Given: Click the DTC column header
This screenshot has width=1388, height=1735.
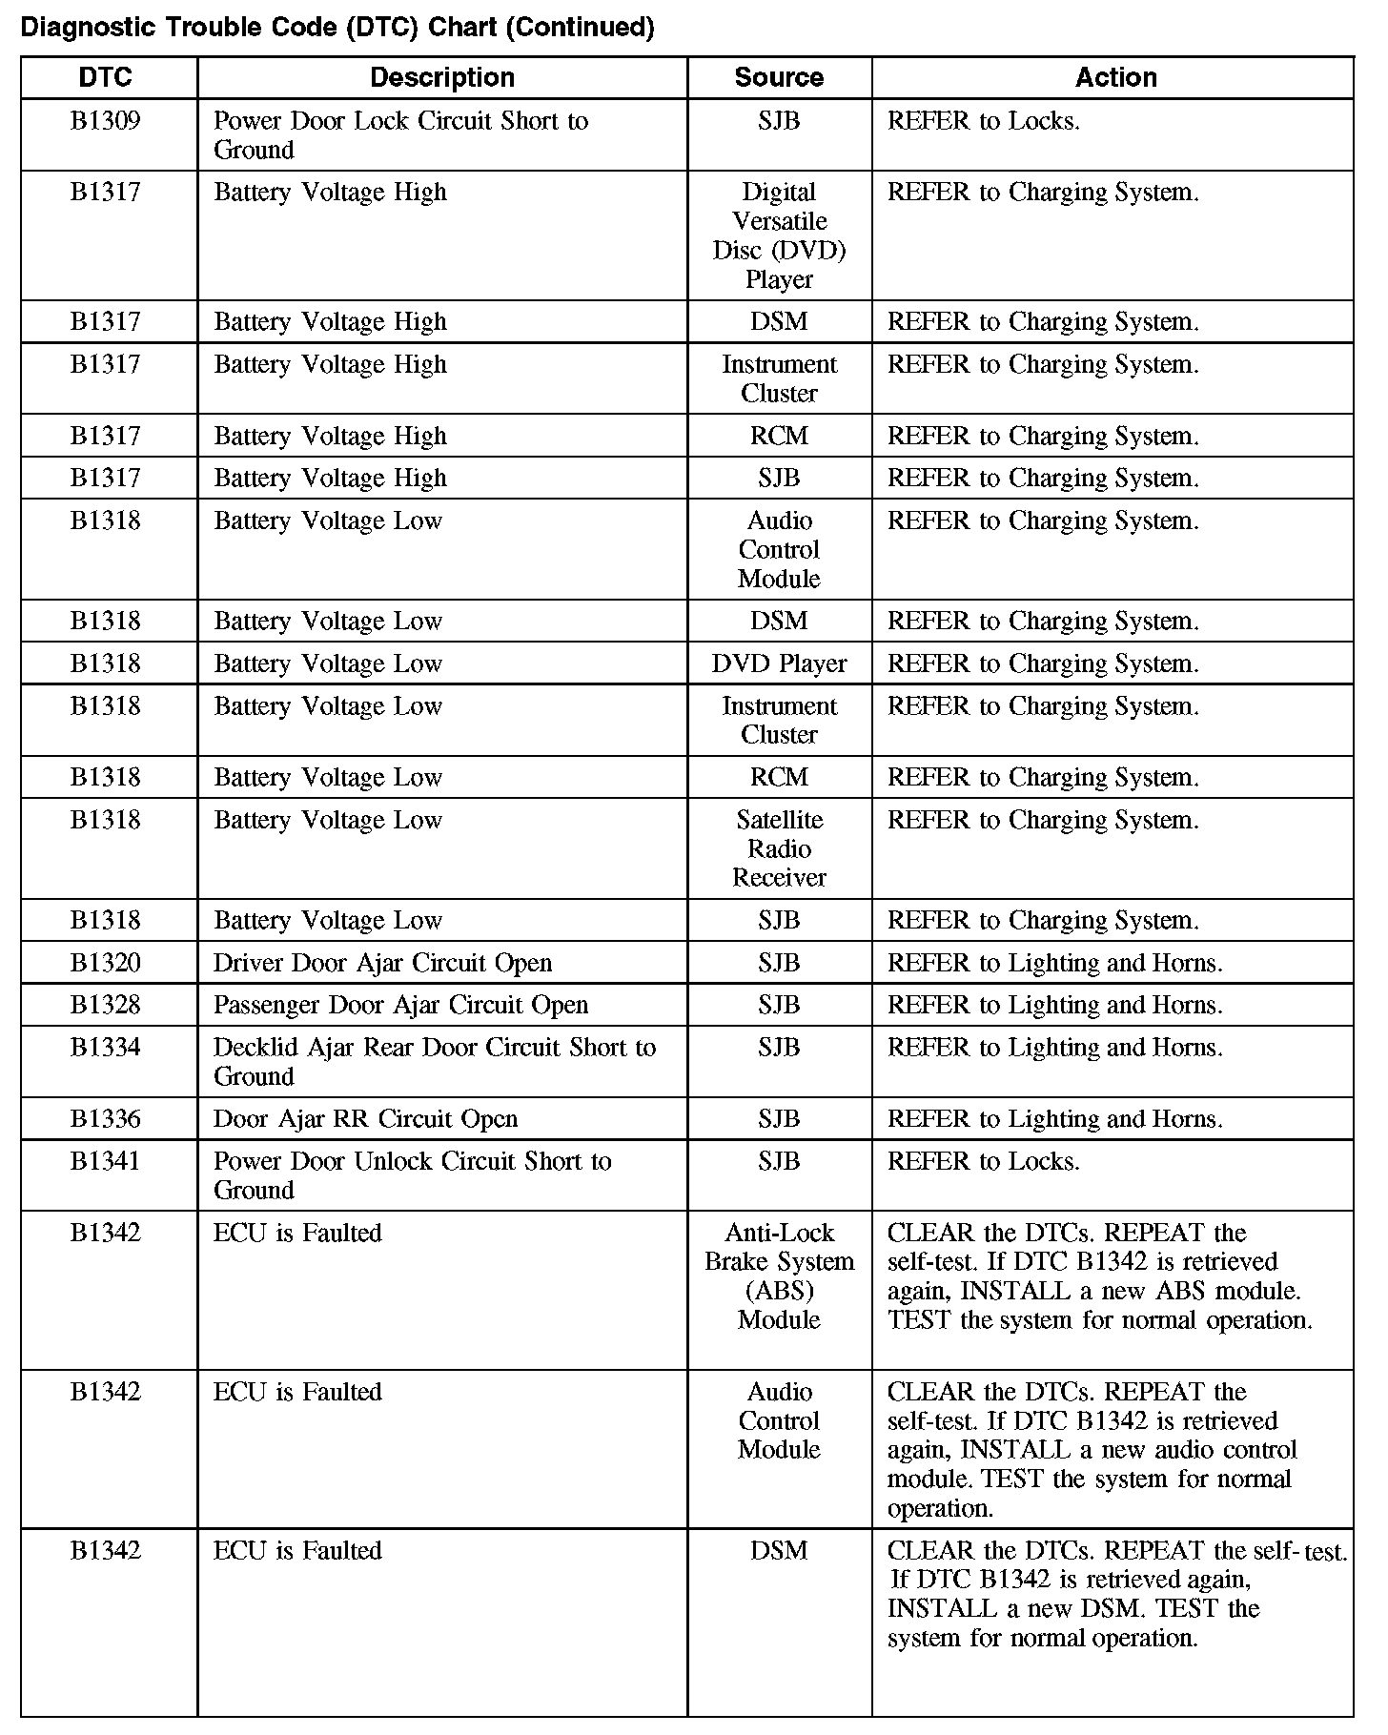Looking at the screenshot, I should click(106, 77).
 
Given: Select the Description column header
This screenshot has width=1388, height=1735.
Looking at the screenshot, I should click(441, 77).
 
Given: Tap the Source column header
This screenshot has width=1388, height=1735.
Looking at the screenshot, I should click(779, 77).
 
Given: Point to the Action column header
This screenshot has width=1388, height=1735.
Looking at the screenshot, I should click(1115, 77).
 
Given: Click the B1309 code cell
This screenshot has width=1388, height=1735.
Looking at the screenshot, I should click(106, 121).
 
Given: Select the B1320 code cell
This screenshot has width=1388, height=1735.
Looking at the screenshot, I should click(106, 963).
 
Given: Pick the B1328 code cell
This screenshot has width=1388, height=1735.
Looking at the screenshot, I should click(106, 1005).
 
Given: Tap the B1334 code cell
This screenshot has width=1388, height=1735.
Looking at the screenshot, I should click(106, 1048).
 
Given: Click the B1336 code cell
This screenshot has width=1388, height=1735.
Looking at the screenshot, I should click(106, 1118).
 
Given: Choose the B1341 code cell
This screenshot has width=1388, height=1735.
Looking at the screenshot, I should click(106, 1161).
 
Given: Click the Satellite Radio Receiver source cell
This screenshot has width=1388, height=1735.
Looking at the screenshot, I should click(779, 848).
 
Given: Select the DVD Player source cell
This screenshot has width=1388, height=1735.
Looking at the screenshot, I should click(779, 663).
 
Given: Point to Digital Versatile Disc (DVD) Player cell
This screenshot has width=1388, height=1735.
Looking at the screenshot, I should click(779, 235).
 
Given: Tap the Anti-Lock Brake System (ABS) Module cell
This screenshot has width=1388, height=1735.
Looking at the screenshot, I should click(779, 1276).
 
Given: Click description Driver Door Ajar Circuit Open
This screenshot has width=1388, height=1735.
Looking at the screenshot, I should click(382, 963).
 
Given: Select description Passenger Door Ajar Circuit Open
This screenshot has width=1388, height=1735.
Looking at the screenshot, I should click(400, 1005).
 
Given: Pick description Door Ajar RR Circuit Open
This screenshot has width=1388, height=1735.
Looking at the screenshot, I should click(365, 1118).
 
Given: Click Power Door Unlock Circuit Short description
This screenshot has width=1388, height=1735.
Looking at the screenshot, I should click(412, 1174).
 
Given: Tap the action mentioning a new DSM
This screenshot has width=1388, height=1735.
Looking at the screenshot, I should click(1115, 1594).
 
